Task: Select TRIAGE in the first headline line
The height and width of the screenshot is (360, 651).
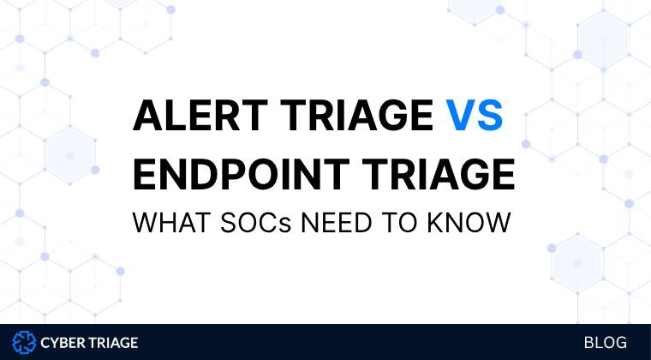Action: (x=356, y=116)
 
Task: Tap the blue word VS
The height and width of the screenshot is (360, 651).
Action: (x=475, y=116)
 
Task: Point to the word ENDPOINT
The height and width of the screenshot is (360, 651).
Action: (x=242, y=174)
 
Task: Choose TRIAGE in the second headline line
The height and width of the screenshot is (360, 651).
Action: (x=438, y=174)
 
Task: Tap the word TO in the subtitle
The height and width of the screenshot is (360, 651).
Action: (x=401, y=223)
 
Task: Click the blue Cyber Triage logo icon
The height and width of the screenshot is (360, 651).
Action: (x=24, y=343)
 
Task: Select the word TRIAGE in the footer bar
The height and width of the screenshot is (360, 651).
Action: (x=111, y=343)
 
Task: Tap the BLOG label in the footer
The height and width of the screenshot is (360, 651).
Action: (x=606, y=343)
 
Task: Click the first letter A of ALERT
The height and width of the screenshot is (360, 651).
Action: (x=148, y=116)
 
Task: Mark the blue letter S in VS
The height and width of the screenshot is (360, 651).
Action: (x=490, y=116)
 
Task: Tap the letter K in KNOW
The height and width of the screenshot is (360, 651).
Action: (x=438, y=223)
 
